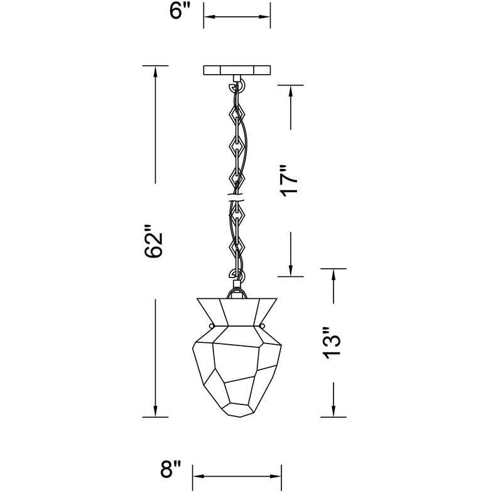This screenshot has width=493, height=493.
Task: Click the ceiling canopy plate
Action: [x=237, y=70]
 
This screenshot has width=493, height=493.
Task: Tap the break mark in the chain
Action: [x=236, y=198]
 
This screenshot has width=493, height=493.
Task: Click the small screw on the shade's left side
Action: [x=212, y=326]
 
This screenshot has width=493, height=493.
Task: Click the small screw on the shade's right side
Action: [x=261, y=326]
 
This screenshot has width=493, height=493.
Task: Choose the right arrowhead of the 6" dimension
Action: [x=266, y=17]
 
